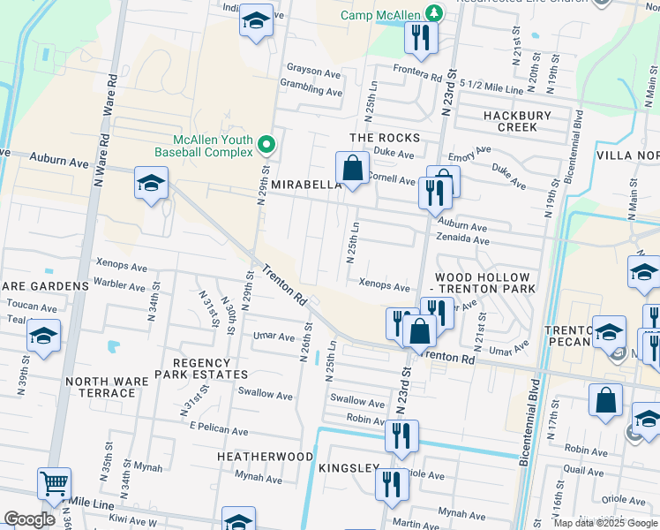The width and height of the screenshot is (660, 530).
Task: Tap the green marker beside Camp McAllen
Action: (433, 12)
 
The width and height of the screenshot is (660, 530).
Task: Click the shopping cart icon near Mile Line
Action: (54, 484)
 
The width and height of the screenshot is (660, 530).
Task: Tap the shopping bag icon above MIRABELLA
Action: (352, 168)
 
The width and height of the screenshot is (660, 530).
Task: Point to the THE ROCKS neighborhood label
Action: (385, 138)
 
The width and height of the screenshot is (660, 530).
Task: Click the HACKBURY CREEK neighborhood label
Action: (517, 121)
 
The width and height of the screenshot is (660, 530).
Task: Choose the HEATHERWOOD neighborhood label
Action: (266, 456)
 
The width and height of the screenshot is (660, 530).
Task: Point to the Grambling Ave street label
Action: (311, 91)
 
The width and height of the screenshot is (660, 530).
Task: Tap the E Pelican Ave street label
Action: (219, 430)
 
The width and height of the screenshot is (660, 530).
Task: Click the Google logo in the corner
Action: (30, 519)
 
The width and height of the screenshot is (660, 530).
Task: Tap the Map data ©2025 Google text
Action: (604, 522)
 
